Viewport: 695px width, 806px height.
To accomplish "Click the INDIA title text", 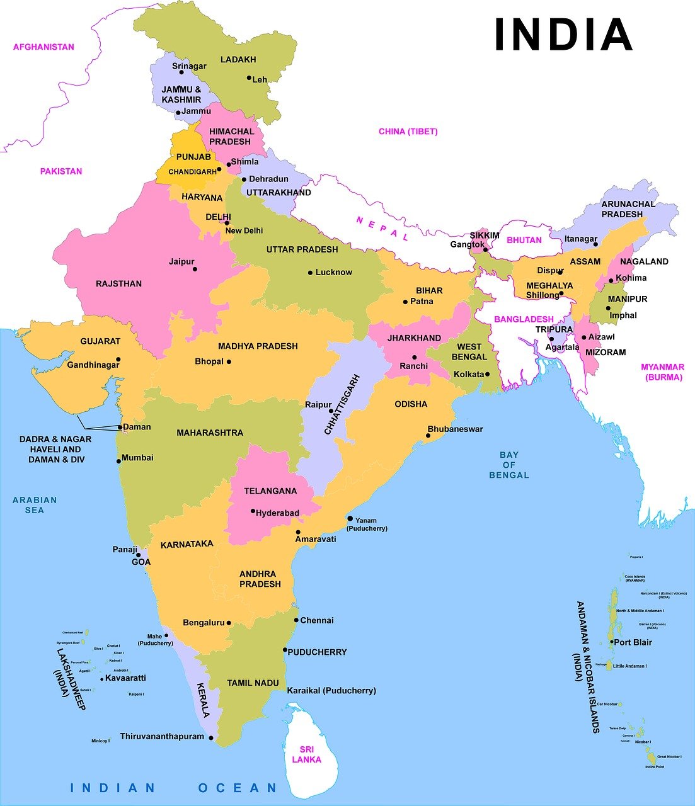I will (x=563, y=35).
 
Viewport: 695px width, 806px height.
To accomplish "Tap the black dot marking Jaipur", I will (x=195, y=270).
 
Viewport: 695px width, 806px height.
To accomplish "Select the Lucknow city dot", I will (x=310, y=273).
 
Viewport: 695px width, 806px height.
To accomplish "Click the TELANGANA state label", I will (x=270, y=491).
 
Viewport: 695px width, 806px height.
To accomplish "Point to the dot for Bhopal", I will (x=229, y=362).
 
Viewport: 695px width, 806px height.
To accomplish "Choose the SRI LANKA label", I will (x=306, y=754).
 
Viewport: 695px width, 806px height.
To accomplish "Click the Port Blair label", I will (x=633, y=642).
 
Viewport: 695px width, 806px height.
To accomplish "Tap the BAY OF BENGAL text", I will (x=509, y=465).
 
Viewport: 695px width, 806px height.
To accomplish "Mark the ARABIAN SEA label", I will (x=35, y=505).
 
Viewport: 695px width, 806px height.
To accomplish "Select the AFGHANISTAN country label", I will (x=43, y=47).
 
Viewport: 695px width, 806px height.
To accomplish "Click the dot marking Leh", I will (x=249, y=79).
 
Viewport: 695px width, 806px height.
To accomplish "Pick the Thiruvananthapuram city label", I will (x=162, y=736).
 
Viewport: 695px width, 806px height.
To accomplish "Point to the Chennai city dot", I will (x=296, y=620).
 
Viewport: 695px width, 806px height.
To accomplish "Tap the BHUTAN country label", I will (x=524, y=240).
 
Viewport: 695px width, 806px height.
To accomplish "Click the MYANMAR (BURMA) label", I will (x=663, y=372).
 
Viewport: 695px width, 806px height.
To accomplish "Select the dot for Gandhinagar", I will (x=118, y=360).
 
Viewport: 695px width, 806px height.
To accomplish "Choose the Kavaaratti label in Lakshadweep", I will (x=125, y=678).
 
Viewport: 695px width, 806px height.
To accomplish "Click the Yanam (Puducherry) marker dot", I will (x=350, y=518).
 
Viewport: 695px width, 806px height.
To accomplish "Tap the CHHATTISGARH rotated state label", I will (x=342, y=405).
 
